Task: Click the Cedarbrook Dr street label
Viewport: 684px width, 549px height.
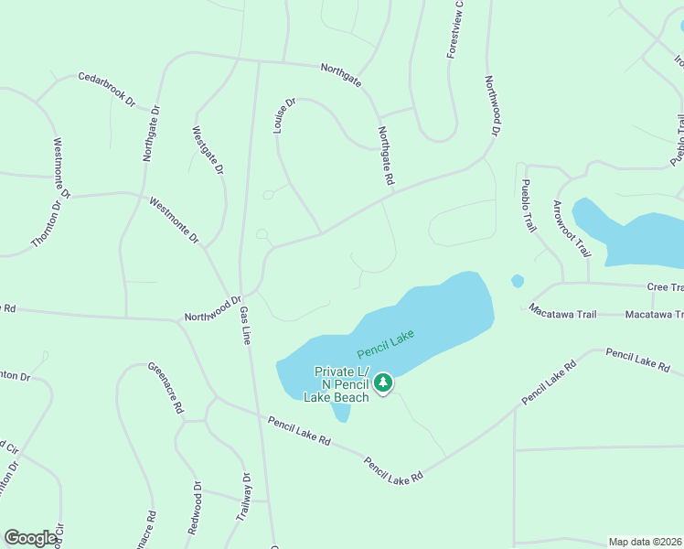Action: pos(106,90)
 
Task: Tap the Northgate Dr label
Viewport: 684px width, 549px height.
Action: pos(151,134)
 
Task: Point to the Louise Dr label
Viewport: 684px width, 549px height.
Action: pos(285,116)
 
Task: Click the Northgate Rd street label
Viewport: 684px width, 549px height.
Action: pos(385,157)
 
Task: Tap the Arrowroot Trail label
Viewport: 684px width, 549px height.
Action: pos(568,229)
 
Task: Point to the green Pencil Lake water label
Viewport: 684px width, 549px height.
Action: pos(386,344)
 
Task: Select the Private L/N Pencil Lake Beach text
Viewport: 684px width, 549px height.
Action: pos(341,384)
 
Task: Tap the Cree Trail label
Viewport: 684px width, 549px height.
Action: pos(665,287)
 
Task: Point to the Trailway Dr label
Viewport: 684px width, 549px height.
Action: pos(243,497)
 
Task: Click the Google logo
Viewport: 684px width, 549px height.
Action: pos(30,538)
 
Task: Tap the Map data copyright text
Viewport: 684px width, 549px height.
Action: pos(645,542)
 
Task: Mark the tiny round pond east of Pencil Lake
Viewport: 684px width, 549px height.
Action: pos(518,281)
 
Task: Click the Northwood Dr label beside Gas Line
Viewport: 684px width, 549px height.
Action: pos(211,307)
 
